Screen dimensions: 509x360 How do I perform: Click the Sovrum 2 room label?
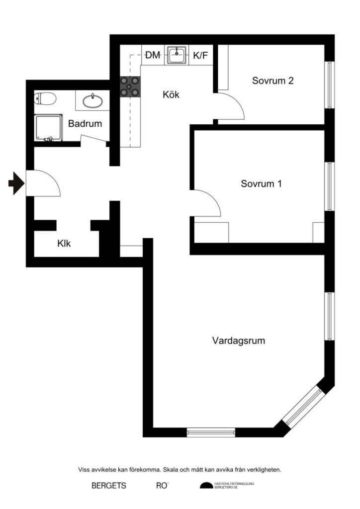[272, 81]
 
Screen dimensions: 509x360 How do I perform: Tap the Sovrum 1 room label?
[261, 183]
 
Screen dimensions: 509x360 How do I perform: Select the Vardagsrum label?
[238, 341]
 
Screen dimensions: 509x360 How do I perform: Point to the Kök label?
[171, 94]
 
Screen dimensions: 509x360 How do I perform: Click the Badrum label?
[85, 124]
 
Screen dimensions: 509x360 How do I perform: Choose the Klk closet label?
[64, 244]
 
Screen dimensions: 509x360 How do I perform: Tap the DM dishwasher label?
[153, 56]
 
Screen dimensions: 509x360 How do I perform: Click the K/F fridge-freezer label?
[200, 56]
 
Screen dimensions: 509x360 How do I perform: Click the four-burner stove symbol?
[131, 87]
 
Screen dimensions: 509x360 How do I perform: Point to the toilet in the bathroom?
[45, 99]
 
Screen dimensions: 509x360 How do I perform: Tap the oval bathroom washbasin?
[92, 101]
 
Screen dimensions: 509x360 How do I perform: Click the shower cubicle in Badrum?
[47, 128]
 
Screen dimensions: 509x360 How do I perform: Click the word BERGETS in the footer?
[109, 486]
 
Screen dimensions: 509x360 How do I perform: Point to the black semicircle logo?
[205, 486]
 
